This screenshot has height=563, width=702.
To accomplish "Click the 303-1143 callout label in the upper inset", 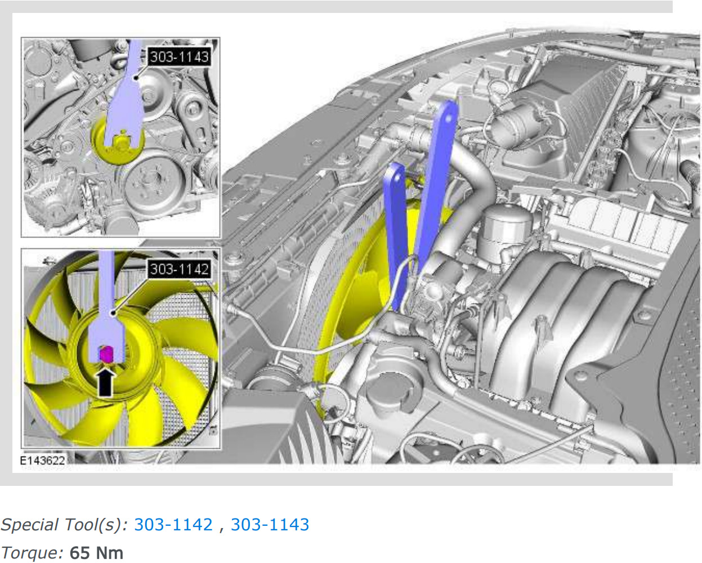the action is coord(179,57).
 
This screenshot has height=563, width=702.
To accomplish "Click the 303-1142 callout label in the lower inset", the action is coord(179,269).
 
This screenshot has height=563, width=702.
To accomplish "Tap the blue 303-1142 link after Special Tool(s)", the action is coord(173,525).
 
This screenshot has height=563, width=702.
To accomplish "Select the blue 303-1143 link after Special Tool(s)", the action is coord(270,525).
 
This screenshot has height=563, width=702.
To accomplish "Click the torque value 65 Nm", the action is coord(97,553).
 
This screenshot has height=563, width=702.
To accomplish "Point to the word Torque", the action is coord(32,553).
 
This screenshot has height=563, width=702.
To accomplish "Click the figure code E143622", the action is coord(42,460).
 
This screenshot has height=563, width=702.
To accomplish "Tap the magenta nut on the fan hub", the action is coord(106,354).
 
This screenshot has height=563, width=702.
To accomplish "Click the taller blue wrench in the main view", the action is coord(436,182).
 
